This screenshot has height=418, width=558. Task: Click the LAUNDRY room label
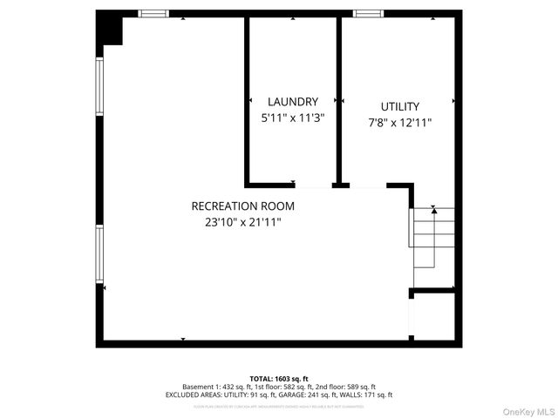pos(293,101)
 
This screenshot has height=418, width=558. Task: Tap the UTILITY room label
pos(399,106)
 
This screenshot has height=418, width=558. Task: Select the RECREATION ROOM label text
pos(243,206)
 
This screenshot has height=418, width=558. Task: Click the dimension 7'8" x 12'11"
pos(399,123)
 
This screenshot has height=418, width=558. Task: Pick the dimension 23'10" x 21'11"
pos(243,222)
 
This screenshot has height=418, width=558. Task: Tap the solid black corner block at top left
pos(110,29)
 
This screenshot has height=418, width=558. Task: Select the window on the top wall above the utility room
pos(367,13)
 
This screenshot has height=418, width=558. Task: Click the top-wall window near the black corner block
pos(154,13)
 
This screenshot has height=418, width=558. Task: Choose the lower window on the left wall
pos(100,253)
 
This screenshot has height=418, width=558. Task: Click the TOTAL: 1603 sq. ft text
pos(279,379)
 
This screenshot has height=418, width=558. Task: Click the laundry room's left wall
pos(247,100)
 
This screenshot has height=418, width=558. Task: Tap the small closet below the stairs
pos(432,316)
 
